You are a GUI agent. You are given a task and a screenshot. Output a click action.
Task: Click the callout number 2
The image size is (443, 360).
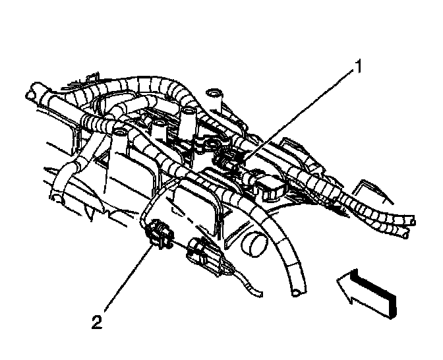96,322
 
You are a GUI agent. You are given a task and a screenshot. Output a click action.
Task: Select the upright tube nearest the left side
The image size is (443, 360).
121,138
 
